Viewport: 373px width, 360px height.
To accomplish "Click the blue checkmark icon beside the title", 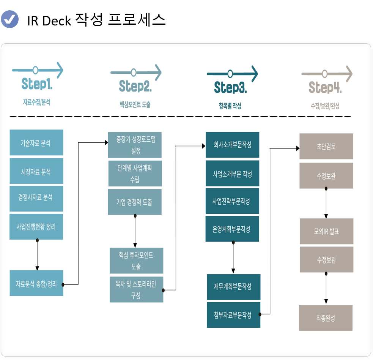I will [x=9, y=19].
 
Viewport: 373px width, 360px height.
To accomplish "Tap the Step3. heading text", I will [x=230, y=87].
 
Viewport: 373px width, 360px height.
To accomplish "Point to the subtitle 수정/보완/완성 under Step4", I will [x=325, y=106].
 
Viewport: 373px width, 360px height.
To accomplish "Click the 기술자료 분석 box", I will [x=36, y=143].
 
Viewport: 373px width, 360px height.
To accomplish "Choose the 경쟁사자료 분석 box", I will [x=36, y=197].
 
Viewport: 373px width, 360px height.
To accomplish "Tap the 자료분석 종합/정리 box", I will [x=36, y=283].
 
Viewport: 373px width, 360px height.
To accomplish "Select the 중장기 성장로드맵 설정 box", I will [x=135, y=145].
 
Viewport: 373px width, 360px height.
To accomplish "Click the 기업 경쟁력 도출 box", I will [x=135, y=202].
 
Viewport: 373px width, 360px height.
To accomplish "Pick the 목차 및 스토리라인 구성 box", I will [x=136, y=289].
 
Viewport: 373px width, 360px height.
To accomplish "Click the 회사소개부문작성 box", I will [x=232, y=145].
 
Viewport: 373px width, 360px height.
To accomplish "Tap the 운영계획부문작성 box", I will [x=232, y=229].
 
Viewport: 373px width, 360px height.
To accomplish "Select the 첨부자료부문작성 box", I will [x=233, y=315].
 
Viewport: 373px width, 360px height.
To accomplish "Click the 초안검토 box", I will [x=326, y=146].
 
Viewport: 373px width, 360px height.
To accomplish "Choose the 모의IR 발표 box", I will [x=326, y=231].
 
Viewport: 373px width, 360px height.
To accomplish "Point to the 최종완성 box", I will [x=326, y=318].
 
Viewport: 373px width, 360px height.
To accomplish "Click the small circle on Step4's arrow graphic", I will [x=324, y=74].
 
